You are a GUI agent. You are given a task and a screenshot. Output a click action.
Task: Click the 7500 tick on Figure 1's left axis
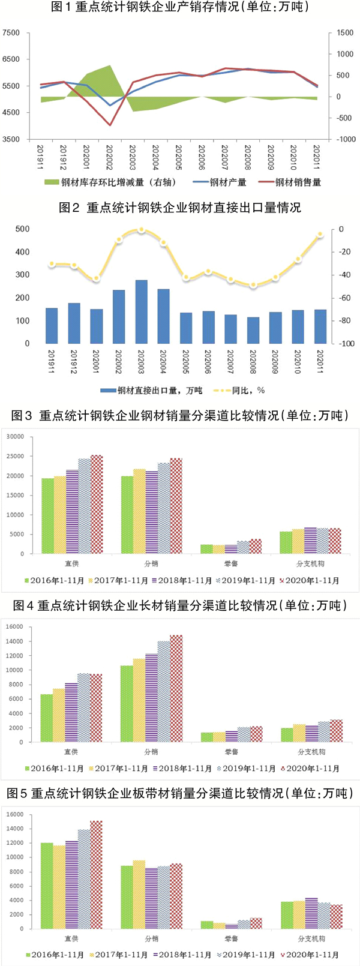point(11,33)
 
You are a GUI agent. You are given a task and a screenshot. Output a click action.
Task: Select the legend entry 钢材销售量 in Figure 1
point(297,182)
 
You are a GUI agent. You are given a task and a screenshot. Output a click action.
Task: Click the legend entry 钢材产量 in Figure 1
point(227,182)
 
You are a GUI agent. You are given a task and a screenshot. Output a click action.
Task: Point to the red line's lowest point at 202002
point(110,125)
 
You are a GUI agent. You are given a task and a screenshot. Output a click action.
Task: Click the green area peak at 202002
point(109,67)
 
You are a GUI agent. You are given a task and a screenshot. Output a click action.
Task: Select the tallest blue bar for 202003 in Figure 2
point(142,312)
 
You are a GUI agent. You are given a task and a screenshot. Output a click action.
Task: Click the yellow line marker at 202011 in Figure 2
point(320,234)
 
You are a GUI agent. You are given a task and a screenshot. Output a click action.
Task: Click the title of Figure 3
point(180,416)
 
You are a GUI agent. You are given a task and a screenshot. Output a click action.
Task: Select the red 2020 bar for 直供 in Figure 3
point(97,504)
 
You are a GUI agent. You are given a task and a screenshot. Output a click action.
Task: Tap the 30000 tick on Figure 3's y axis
point(15,437)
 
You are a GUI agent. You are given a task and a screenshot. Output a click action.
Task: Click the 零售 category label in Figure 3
point(231,564)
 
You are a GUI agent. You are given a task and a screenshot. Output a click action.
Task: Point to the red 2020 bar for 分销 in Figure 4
point(176,688)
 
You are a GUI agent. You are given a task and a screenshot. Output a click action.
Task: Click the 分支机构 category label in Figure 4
point(311,752)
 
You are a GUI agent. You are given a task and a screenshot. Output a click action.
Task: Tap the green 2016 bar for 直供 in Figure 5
point(46,886)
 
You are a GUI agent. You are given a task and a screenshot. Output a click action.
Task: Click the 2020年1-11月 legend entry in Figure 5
point(312,955)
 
